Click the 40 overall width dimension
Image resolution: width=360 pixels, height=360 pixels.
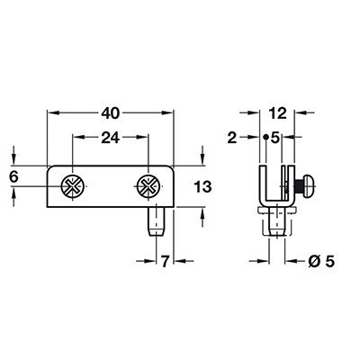[111, 113]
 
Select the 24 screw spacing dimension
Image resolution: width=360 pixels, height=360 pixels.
[110, 139]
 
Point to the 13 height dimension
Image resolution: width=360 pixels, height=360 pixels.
[201, 186]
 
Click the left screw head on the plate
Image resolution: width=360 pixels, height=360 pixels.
[71, 186]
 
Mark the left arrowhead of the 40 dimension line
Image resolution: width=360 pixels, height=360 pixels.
[50, 113]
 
